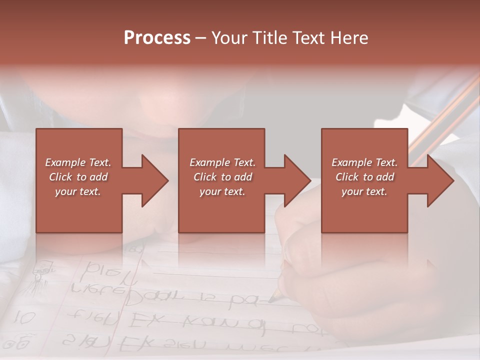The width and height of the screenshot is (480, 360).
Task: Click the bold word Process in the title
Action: pos(157,38)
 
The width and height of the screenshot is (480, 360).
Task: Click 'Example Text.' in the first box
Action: pos(78,162)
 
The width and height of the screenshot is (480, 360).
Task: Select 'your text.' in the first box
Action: pos(78,191)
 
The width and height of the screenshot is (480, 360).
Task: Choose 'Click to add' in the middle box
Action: pos(222,177)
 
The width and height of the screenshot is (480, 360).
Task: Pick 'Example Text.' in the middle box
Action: pos(222,162)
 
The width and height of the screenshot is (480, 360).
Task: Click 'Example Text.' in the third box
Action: pos(364,162)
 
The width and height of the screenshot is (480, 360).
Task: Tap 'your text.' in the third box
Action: pos(364,191)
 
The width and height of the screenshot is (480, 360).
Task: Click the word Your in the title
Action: pos(228,38)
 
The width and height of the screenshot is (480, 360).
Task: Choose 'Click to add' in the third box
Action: pos(364,177)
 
